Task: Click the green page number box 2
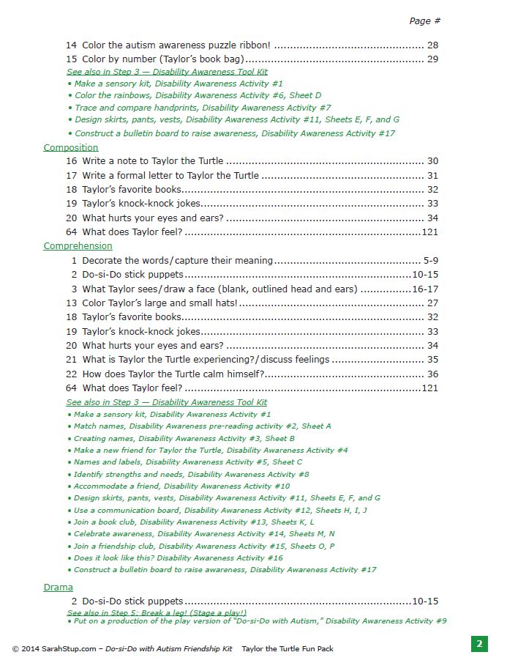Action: [x=479, y=644]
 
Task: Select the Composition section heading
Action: [x=71, y=147]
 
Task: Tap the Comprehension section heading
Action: [x=78, y=246]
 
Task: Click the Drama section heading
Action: [x=59, y=588]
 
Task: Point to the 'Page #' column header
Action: [x=424, y=21]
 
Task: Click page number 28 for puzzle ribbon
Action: [x=432, y=45]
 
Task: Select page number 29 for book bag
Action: [x=432, y=59]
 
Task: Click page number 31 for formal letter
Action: [x=432, y=176]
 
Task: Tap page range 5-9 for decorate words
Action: [x=430, y=260]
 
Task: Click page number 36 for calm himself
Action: [x=432, y=374]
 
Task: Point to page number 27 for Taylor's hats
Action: [x=432, y=303]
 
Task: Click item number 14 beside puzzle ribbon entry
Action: [x=71, y=45]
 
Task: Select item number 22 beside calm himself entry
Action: [x=71, y=374]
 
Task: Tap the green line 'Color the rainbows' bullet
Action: [x=198, y=95]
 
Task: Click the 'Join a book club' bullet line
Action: [x=194, y=522]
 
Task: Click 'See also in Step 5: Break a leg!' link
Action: [x=157, y=612]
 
